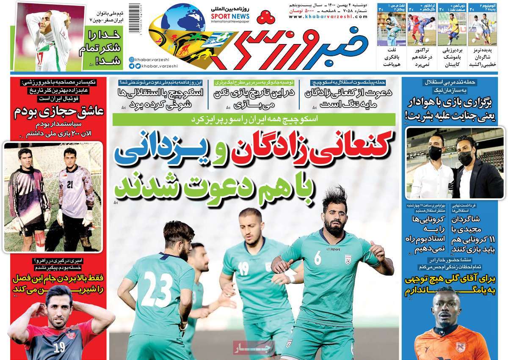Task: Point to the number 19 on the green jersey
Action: click(243, 268)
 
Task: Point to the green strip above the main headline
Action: click(254, 119)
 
